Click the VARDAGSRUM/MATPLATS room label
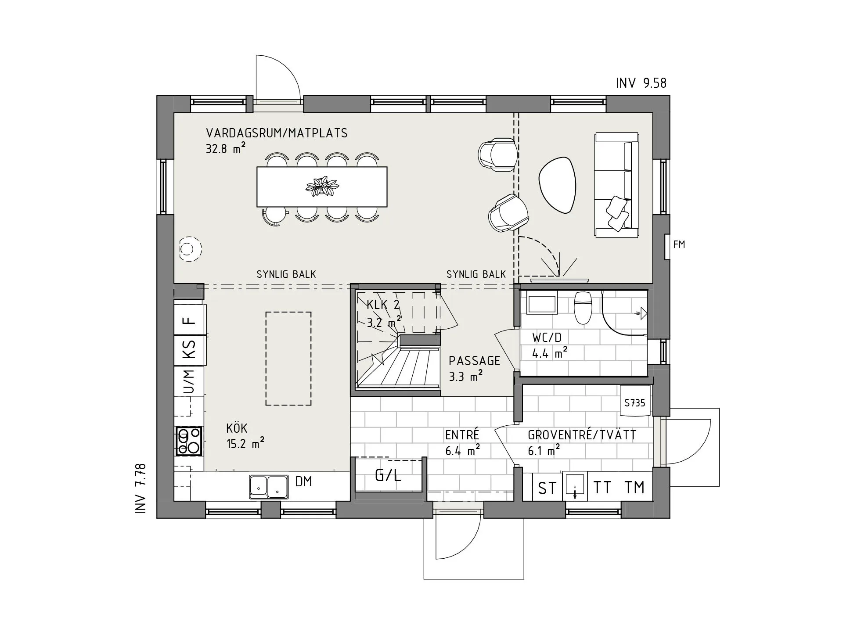277,133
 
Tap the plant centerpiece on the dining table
322,187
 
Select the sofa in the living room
616,185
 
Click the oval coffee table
557,185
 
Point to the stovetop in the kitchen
189,441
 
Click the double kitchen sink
269,487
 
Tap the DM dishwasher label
303,481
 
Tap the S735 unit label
634,402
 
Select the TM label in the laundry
634,487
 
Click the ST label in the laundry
547,488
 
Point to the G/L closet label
388,475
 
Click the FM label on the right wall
679,244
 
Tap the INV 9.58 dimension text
641,83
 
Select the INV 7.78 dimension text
140,488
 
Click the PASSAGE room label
474,361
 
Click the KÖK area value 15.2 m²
245,443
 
